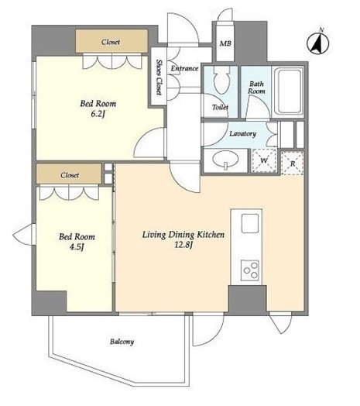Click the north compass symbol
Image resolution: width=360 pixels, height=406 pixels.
pyautogui.click(x=318, y=42)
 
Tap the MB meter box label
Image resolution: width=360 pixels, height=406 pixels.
pyautogui.click(x=225, y=43)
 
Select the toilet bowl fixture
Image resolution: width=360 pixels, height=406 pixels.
pyautogui.click(x=221, y=81)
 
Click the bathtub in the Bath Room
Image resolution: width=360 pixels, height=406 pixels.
pyautogui.click(x=288, y=92)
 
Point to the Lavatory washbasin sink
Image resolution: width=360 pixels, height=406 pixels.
pyautogui.click(x=225, y=160)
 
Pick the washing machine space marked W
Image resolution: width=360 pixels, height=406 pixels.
pyautogui.click(x=264, y=160)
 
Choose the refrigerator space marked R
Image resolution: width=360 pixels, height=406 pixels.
pyautogui.click(x=293, y=163)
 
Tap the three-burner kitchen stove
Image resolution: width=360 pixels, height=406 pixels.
pyautogui.click(x=250, y=270)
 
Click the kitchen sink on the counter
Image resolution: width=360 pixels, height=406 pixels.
pyautogui.click(x=250, y=223)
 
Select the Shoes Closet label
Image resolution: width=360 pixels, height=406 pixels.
pyautogui.click(x=159, y=77)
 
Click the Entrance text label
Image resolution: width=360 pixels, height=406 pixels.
pyautogui.click(x=184, y=68)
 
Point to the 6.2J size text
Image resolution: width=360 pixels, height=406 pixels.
pyautogui.click(x=98, y=114)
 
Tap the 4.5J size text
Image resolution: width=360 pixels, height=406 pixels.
pyautogui.click(x=77, y=247)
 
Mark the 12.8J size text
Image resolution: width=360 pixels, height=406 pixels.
pyautogui.click(x=183, y=244)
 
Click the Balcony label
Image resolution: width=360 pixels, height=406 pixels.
pyautogui.click(x=122, y=342)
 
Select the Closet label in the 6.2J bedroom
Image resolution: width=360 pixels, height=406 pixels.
pyautogui.click(x=111, y=42)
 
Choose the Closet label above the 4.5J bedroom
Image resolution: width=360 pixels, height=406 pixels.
pyautogui.click(x=70, y=175)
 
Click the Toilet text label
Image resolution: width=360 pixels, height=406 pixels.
pyautogui.click(x=220, y=107)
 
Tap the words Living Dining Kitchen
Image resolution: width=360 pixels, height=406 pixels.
pyautogui.click(x=183, y=235)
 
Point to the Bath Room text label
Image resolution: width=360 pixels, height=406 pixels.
pyautogui.click(x=256, y=88)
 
